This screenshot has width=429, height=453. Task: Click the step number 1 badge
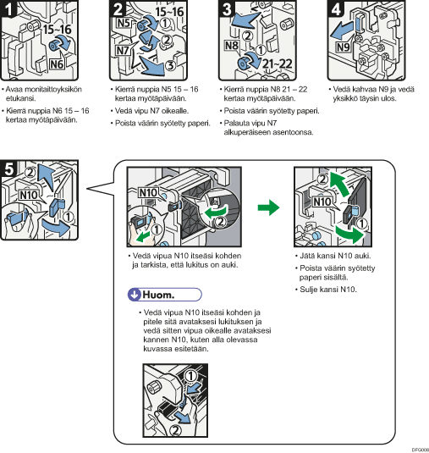[8, 8]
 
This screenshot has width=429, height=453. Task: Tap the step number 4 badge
[335, 8]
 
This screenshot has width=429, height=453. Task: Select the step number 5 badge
[8, 168]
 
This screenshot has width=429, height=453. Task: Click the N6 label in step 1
[57, 64]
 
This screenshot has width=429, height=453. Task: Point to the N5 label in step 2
[124, 23]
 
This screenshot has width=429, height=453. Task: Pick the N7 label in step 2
[123, 50]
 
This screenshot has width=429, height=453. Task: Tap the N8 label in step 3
[232, 46]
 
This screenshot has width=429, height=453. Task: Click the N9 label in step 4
[344, 47]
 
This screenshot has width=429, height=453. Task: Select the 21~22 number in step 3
[278, 64]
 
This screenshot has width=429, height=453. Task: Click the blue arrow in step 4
[342, 31]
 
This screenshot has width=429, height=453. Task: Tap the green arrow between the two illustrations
[268, 207]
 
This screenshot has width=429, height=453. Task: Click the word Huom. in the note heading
[158, 295]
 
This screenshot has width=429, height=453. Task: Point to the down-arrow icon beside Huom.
[134, 295]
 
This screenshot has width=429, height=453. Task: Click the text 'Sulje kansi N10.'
[328, 290]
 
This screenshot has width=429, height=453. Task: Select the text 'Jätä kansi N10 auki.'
[335, 256]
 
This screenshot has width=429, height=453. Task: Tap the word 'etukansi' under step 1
[20, 98]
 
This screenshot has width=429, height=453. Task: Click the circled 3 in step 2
[171, 65]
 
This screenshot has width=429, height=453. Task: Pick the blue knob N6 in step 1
[54, 46]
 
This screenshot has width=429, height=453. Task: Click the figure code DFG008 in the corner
[420, 450]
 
